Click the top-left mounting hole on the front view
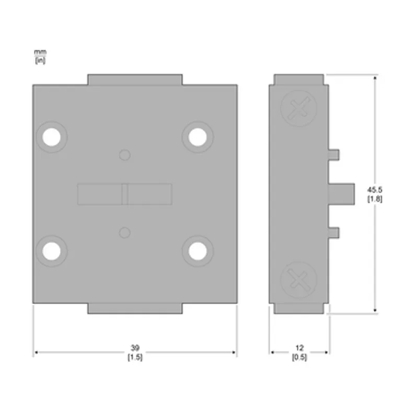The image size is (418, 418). click(51, 137)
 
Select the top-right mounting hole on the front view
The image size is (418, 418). click(198, 137)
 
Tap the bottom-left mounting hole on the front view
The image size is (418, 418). click(51, 251)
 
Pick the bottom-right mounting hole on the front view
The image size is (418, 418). click(198, 251)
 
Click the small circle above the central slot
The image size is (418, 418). click(125, 155)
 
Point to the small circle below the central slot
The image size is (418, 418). click(125, 233)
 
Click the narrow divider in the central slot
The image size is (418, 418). click(125, 194)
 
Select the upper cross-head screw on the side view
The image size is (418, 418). click(299, 108)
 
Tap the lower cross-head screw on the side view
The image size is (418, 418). click(299, 280)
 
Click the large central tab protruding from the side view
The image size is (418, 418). click(341, 194)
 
